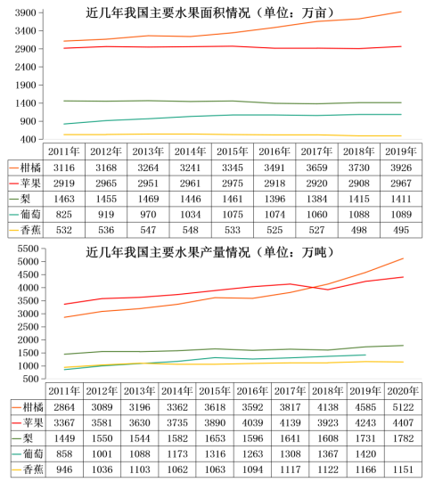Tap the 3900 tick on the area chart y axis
coord(25,12)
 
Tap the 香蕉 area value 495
coord(401,231)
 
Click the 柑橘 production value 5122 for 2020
coord(404,406)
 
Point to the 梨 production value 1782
coord(404,438)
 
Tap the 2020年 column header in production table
coord(404,389)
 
